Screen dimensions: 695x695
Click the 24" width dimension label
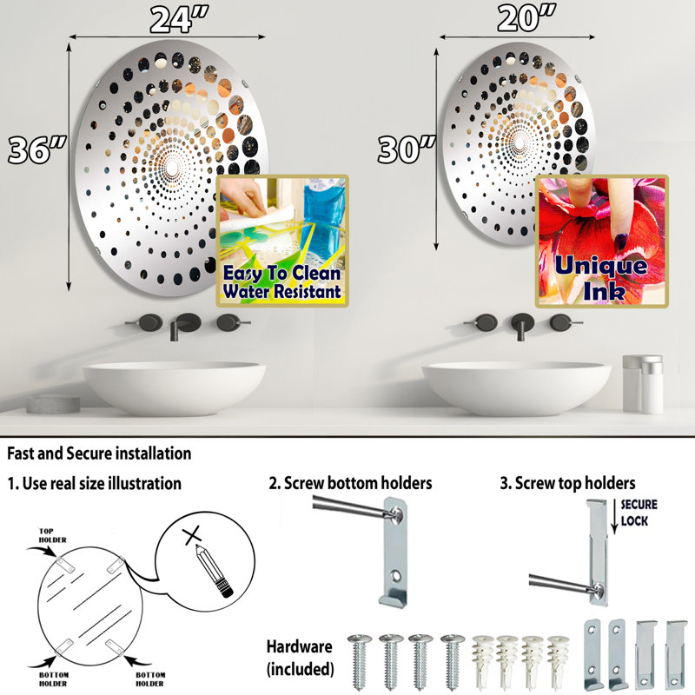(x=179, y=20)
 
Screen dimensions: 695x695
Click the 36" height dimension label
(x=36, y=149)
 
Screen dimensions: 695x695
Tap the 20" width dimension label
(x=526, y=18)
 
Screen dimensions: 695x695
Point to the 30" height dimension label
(x=407, y=149)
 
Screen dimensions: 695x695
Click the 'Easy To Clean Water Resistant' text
(x=282, y=282)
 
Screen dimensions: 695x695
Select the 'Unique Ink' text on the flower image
(x=601, y=278)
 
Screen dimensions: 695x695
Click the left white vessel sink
(x=175, y=387)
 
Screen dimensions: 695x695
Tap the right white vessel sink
(x=516, y=387)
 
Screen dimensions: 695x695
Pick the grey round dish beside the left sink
(x=53, y=404)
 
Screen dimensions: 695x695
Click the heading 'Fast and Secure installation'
(x=99, y=453)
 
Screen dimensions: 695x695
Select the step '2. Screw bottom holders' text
(x=350, y=483)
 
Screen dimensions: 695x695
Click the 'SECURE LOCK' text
(x=639, y=513)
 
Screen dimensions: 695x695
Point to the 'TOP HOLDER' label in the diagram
(x=52, y=535)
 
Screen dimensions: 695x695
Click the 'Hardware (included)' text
(x=300, y=658)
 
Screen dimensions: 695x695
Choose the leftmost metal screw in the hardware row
(x=360, y=661)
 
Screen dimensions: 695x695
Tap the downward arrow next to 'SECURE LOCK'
(x=614, y=516)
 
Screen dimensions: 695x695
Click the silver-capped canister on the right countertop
(x=643, y=384)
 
